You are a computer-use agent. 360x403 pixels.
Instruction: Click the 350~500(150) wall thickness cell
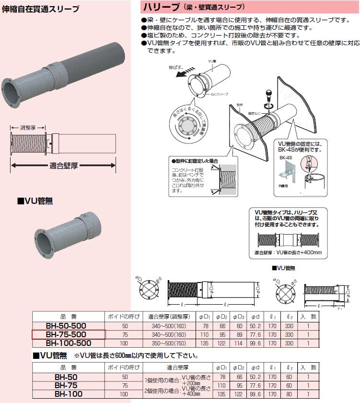[169, 344]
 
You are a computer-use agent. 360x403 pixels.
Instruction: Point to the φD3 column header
[238, 317]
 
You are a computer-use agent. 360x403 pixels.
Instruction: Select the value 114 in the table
[238, 344]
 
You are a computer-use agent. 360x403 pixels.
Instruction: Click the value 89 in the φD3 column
[238, 334]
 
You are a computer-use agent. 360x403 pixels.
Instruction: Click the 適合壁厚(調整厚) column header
[169, 317]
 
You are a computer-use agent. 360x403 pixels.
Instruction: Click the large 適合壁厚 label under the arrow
[64, 166]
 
